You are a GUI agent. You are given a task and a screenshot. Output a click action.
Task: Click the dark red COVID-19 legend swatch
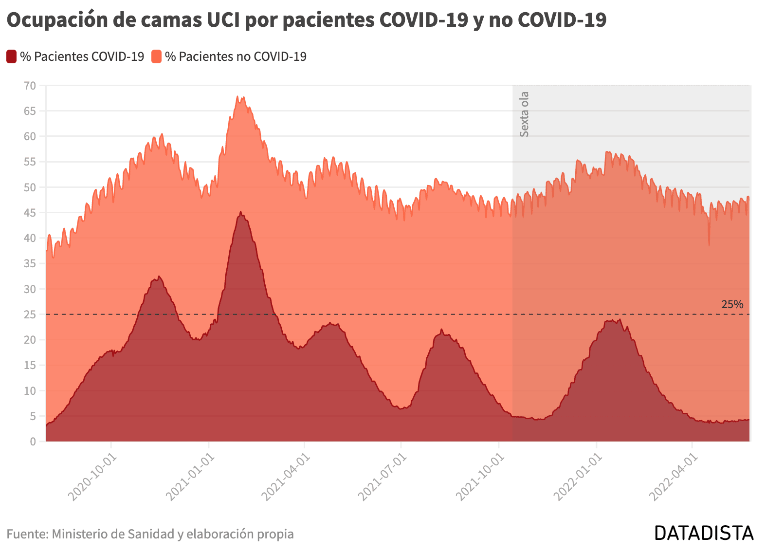pyautogui.click(x=11, y=56)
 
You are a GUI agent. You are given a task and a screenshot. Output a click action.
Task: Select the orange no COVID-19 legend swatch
pyautogui.click(x=157, y=56)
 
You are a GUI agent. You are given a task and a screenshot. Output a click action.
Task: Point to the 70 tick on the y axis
pyautogui.click(x=30, y=86)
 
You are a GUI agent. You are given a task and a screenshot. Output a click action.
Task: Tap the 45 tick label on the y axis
pyautogui.click(x=30, y=213)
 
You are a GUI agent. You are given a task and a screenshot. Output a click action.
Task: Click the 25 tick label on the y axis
pyautogui.click(x=30, y=314)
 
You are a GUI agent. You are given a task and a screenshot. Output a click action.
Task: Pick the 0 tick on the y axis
pyautogui.click(x=33, y=442)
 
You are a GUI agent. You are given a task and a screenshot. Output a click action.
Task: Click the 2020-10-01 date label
pyautogui.click(x=92, y=477)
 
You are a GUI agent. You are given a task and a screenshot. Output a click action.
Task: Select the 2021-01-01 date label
pyautogui.click(x=190, y=477)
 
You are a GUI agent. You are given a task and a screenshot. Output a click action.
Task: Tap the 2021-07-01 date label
pyautogui.click(x=382, y=477)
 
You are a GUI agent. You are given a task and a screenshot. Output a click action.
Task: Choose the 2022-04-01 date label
pyautogui.click(x=674, y=477)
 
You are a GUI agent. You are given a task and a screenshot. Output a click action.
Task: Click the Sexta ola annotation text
pyautogui.click(x=524, y=114)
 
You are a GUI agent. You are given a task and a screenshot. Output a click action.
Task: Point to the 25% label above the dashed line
pyautogui.click(x=732, y=304)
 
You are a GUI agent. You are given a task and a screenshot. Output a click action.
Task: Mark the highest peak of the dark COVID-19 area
pyautogui.click(x=241, y=212)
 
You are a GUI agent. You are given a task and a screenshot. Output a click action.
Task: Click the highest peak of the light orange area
pyautogui.click(x=237, y=96)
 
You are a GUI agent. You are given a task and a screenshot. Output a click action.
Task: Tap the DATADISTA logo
pyautogui.click(x=704, y=533)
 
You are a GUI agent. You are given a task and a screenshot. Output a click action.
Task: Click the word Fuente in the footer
pyautogui.click(x=27, y=534)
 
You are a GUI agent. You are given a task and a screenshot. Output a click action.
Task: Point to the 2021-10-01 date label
pyautogui.click(x=480, y=477)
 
